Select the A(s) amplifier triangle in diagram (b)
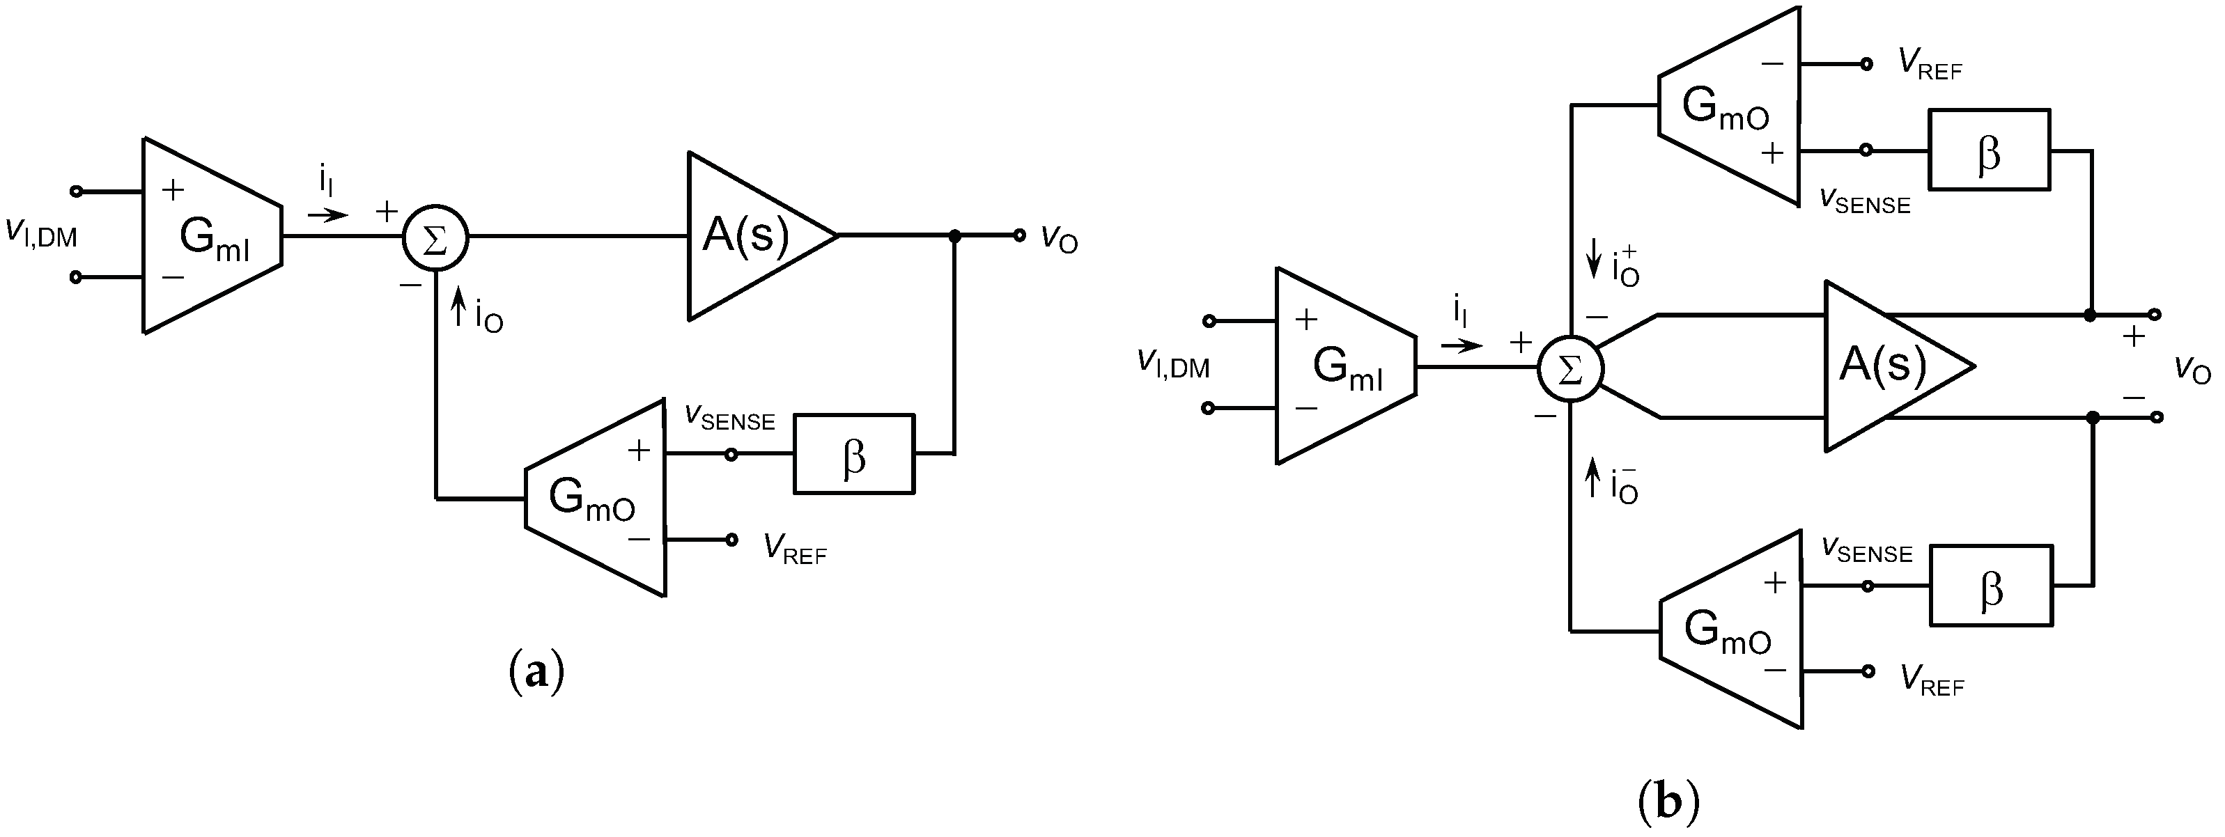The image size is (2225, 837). (1886, 366)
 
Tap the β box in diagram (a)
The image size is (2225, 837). (853, 454)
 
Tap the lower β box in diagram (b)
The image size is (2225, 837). (1991, 586)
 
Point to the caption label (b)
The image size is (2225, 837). (1669, 801)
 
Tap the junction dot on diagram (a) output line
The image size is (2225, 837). (954, 235)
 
